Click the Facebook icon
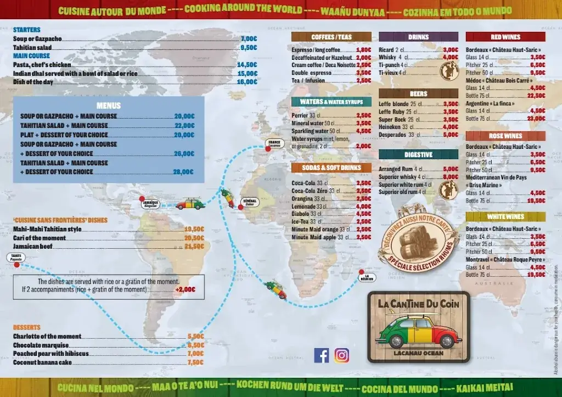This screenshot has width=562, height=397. (322, 355)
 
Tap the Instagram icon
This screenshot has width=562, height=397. (341, 355)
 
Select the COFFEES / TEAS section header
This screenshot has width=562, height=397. (331, 37)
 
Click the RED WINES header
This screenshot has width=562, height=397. (505, 37)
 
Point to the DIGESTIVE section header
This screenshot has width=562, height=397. (418, 155)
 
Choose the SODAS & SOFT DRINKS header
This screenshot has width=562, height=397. (331, 167)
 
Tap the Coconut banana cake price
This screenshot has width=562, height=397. (195, 362)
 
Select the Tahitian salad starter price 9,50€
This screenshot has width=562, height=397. (249, 47)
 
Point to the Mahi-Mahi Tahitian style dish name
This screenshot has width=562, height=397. (47, 229)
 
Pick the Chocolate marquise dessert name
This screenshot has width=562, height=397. (41, 345)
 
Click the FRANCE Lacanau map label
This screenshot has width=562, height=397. (274, 143)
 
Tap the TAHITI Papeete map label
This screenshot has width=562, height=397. (15, 257)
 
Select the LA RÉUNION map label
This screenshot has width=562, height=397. (367, 277)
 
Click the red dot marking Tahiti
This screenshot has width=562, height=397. (17, 265)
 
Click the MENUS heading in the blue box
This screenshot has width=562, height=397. (108, 105)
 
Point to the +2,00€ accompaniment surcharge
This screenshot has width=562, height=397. (185, 289)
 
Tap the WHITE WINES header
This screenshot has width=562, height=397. (505, 217)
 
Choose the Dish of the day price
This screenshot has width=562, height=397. (247, 82)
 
